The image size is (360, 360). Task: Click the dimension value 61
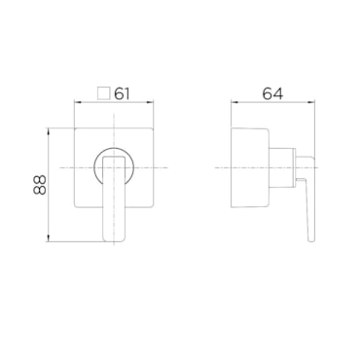tap(122, 93)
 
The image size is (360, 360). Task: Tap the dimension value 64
tap(272, 93)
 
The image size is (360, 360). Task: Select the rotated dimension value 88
tap(40, 185)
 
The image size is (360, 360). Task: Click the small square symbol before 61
tap(103, 93)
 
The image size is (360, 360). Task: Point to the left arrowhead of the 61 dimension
tap(78, 102)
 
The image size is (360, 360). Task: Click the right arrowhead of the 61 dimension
tap(150, 102)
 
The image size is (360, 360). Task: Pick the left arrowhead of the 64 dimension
tap(234, 102)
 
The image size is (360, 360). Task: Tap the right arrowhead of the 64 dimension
tap(311, 102)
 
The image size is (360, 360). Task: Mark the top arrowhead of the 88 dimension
tap(48, 131)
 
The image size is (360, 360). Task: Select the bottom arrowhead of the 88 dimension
tap(48, 238)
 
